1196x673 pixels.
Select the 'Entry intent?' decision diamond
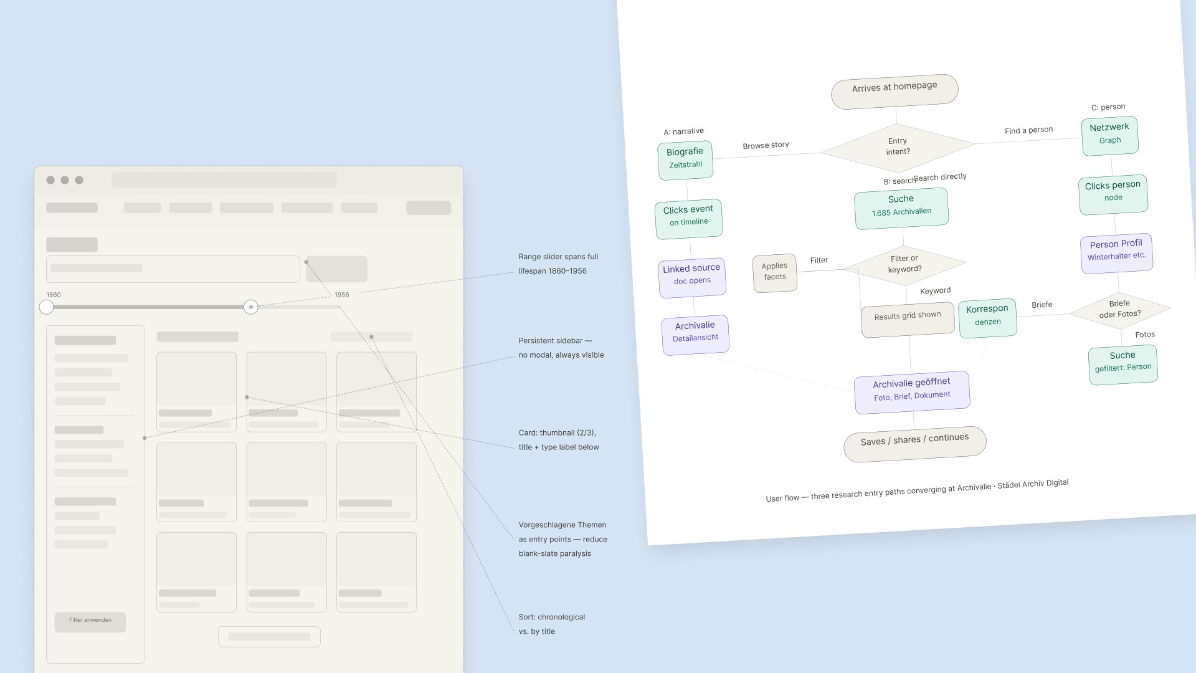click(x=898, y=146)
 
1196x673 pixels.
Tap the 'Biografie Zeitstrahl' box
click(x=685, y=159)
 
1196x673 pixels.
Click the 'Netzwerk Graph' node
click(x=1109, y=135)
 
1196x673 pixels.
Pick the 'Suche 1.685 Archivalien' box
click(x=901, y=207)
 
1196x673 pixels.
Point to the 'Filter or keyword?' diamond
click(x=904, y=264)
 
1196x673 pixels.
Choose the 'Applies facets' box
click(x=775, y=272)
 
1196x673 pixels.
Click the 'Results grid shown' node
click(x=908, y=318)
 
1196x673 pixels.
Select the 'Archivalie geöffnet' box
click(x=912, y=390)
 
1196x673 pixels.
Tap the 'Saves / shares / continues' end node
click(x=914, y=442)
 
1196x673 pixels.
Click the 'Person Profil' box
click(x=1116, y=251)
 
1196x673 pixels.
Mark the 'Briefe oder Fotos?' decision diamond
click(x=1119, y=309)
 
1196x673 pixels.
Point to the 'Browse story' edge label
click(x=766, y=146)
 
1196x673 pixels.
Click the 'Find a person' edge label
click(x=1028, y=130)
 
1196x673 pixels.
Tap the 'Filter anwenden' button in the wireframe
click(x=90, y=621)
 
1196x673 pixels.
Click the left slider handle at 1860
click(x=47, y=307)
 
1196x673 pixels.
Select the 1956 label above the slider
click(x=341, y=295)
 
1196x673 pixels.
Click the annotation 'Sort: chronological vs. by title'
click(x=551, y=624)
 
